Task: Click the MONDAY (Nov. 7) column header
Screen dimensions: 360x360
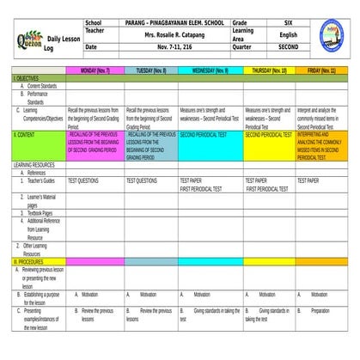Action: [x=95, y=70]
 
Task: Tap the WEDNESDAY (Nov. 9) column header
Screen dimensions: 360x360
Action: [x=211, y=70]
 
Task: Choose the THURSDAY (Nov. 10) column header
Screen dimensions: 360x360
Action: [x=269, y=70]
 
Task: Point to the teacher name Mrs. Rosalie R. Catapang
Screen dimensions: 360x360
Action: [x=175, y=34]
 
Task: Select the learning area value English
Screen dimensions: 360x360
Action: [x=288, y=34]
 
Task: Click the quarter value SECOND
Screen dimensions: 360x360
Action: [x=288, y=46]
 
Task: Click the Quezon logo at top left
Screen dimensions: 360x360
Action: [x=28, y=36]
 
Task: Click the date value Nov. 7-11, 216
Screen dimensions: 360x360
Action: [x=175, y=46]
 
